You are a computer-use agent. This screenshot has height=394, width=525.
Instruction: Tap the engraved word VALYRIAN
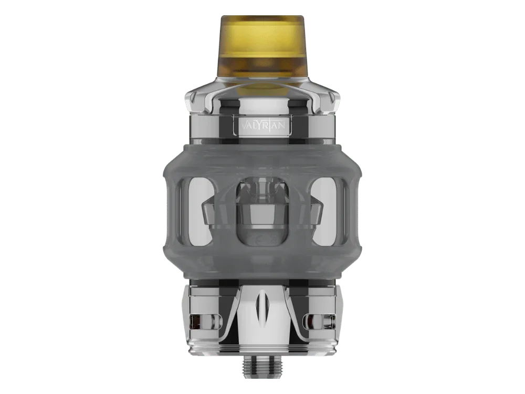pyautogui.click(x=263, y=126)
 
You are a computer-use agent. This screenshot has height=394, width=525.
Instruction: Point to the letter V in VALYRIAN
pyautogui.click(x=244, y=126)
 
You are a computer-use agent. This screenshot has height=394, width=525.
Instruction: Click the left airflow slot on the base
pyautogui.click(x=204, y=322)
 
